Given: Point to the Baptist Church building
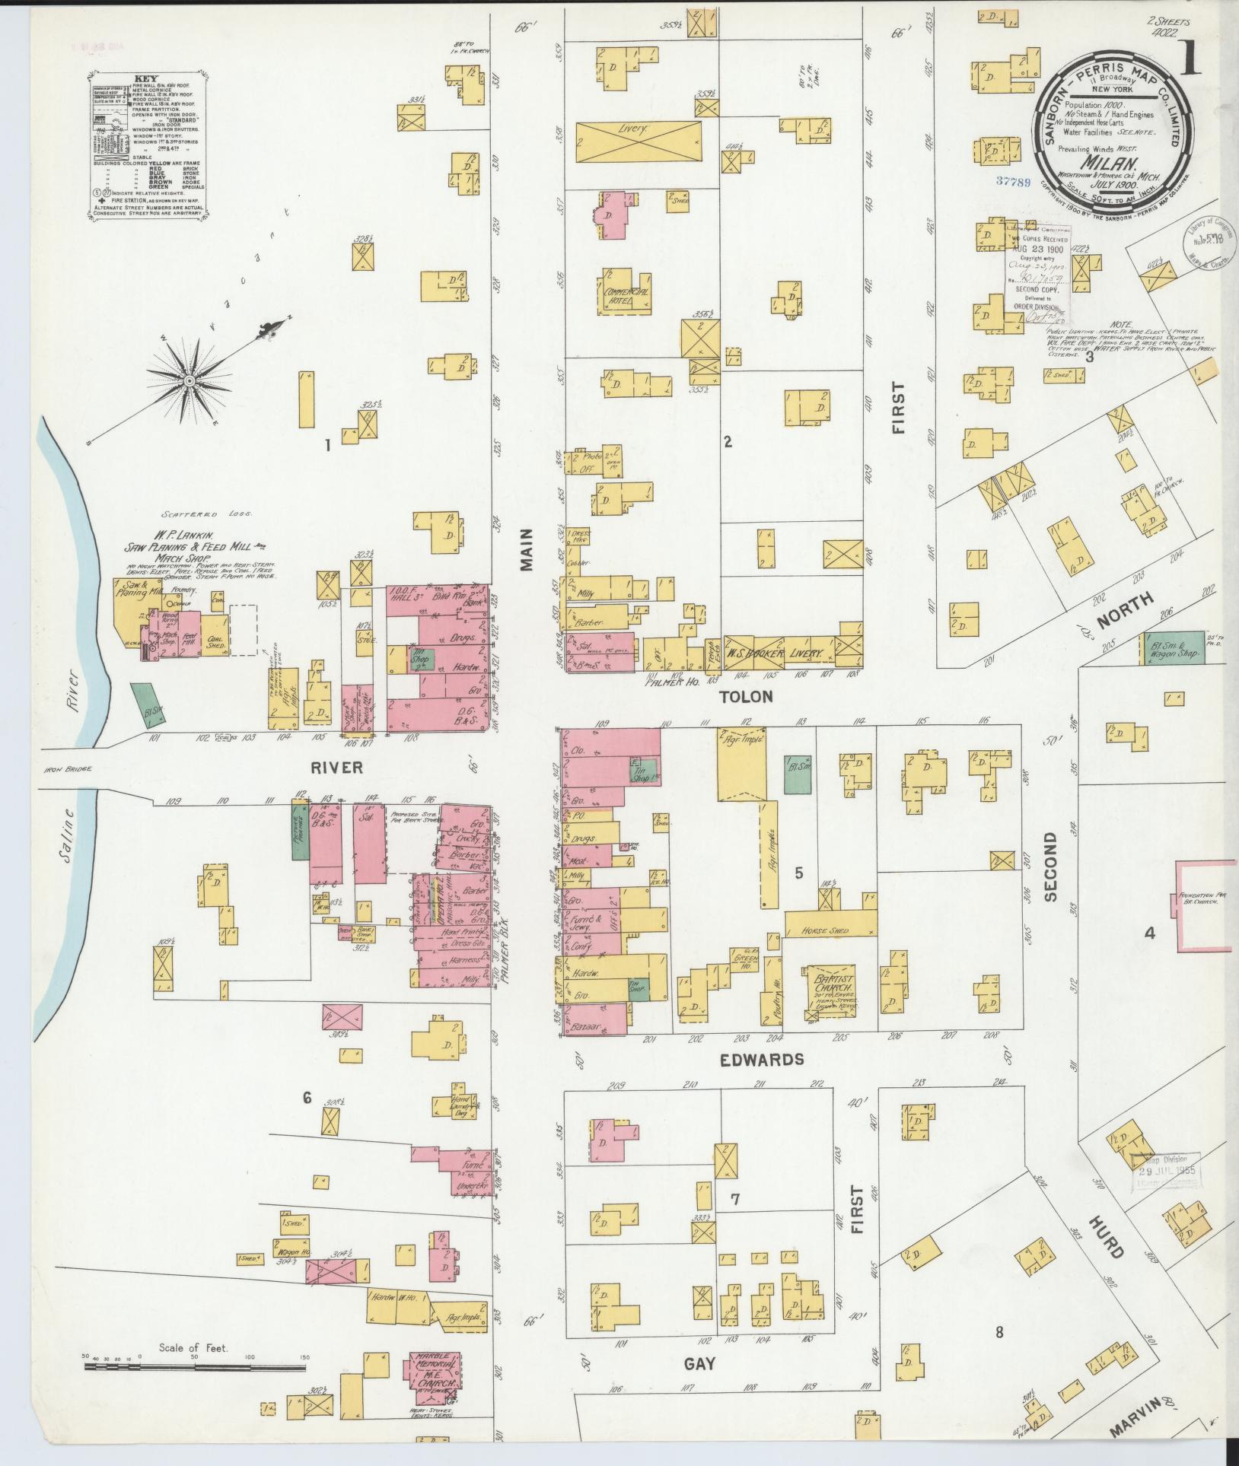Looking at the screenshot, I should coord(832,991).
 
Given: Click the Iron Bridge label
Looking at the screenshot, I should coord(67,769).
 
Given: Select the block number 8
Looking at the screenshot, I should coord(1000,1332).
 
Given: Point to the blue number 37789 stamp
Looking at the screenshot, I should coord(1023,182).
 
